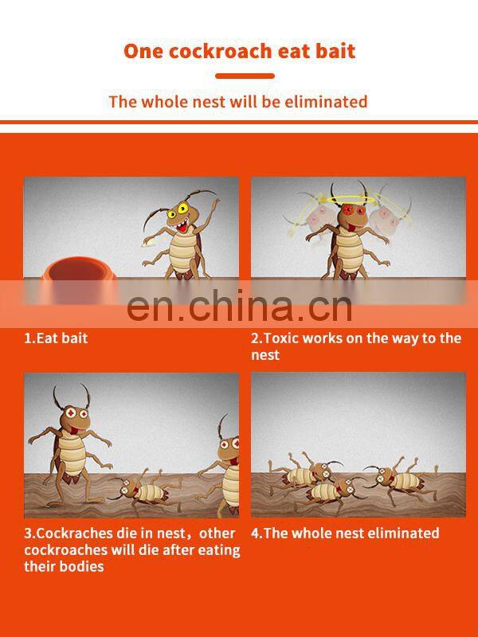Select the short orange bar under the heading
click(x=245, y=76)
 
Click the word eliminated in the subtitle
click(x=326, y=102)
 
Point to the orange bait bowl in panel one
click(x=78, y=280)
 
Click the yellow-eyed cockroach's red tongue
click(x=183, y=226)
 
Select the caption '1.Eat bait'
click(x=56, y=338)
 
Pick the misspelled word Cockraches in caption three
click(x=71, y=533)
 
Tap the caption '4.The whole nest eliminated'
click(x=345, y=533)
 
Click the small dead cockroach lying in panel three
click(x=146, y=490)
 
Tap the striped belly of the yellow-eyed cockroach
click(x=182, y=252)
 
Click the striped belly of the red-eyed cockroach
click(x=350, y=251)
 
